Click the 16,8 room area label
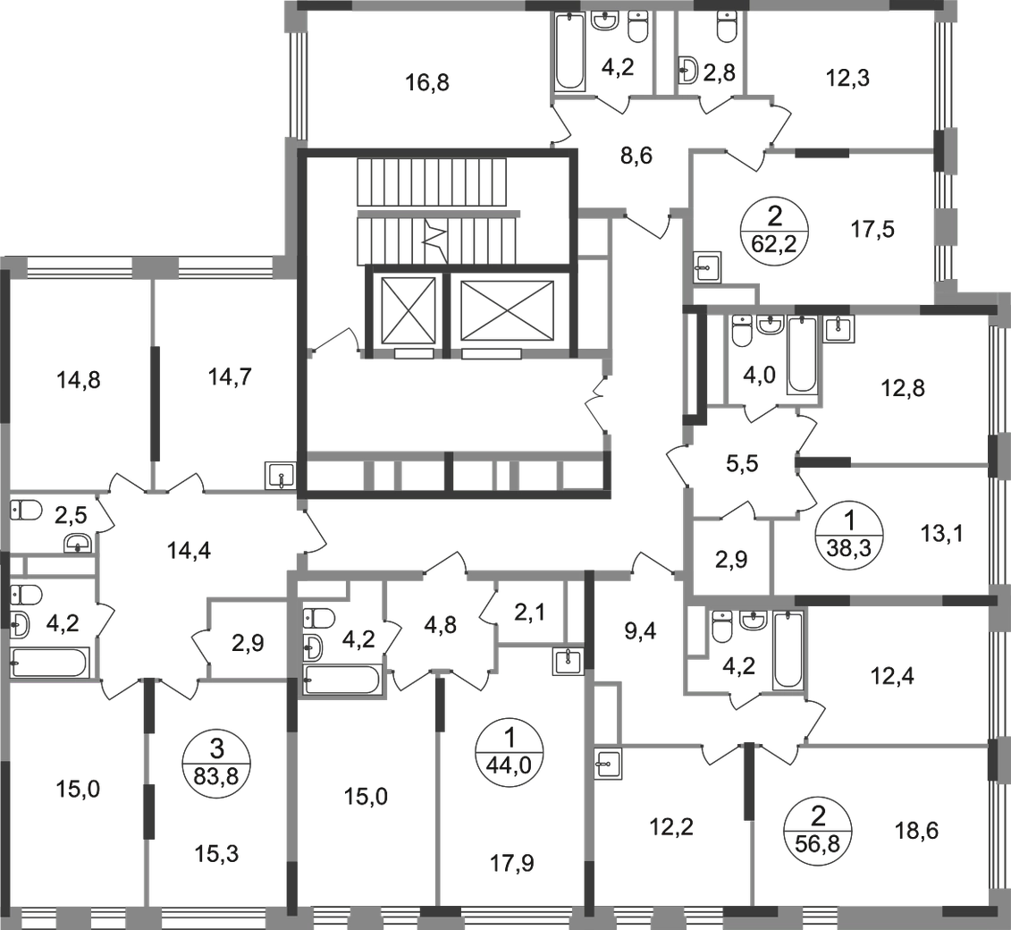[x=427, y=82]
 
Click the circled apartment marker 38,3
[x=849, y=534]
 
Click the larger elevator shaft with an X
[x=508, y=310]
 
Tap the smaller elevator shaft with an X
[x=409, y=310]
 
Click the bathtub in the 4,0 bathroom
[x=802, y=355]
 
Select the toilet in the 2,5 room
[x=26, y=510]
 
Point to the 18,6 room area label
[x=916, y=831]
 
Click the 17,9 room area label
[x=512, y=863]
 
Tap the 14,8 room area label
[x=78, y=381]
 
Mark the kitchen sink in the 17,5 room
[x=707, y=267]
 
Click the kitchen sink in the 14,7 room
[x=280, y=477]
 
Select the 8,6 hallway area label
[x=636, y=156]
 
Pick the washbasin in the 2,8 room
[x=688, y=70]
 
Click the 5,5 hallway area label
[x=741, y=463]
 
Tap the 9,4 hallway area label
[x=640, y=631]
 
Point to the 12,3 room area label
[x=848, y=78]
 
